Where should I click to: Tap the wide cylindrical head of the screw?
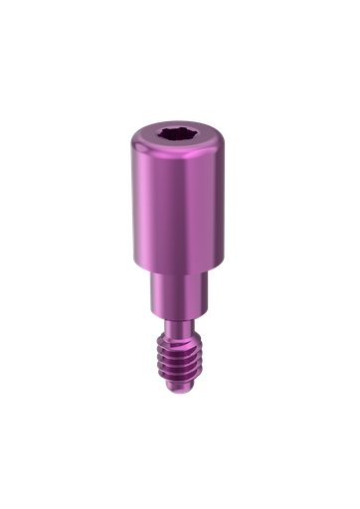click(x=180, y=209)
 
